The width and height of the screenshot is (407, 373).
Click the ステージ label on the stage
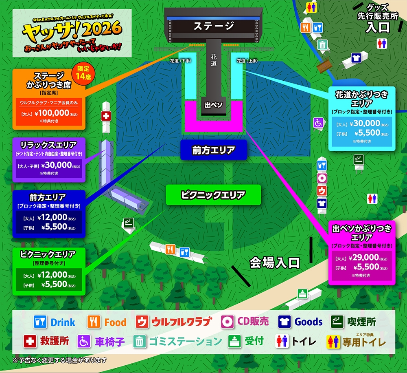[x=213, y=26]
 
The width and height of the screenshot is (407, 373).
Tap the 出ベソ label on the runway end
[x=213, y=105]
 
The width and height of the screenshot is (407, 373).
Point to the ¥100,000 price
[x=53, y=113]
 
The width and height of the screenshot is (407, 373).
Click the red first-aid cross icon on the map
[x=106, y=116]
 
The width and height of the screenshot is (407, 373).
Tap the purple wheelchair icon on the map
[x=318, y=122]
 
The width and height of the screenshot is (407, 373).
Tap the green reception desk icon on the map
[x=302, y=293]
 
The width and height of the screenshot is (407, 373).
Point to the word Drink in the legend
[x=63, y=322]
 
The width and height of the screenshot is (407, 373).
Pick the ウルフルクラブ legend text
[x=182, y=322]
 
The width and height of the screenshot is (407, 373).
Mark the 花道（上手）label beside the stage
[x=247, y=61]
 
